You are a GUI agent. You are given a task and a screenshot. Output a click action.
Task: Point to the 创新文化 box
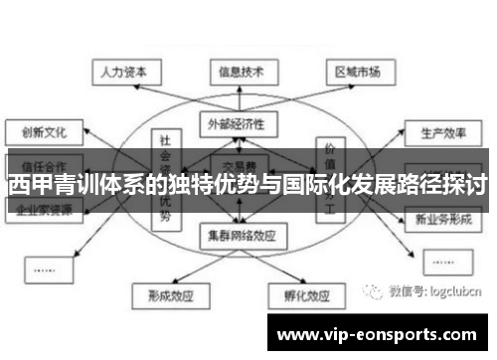(x=40, y=131)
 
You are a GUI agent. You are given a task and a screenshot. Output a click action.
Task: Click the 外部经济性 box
(x=238, y=123)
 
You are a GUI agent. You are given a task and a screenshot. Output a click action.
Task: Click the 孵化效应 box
(x=300, y=295)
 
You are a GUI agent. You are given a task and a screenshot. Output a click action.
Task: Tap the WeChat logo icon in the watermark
(x=375, y=292)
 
